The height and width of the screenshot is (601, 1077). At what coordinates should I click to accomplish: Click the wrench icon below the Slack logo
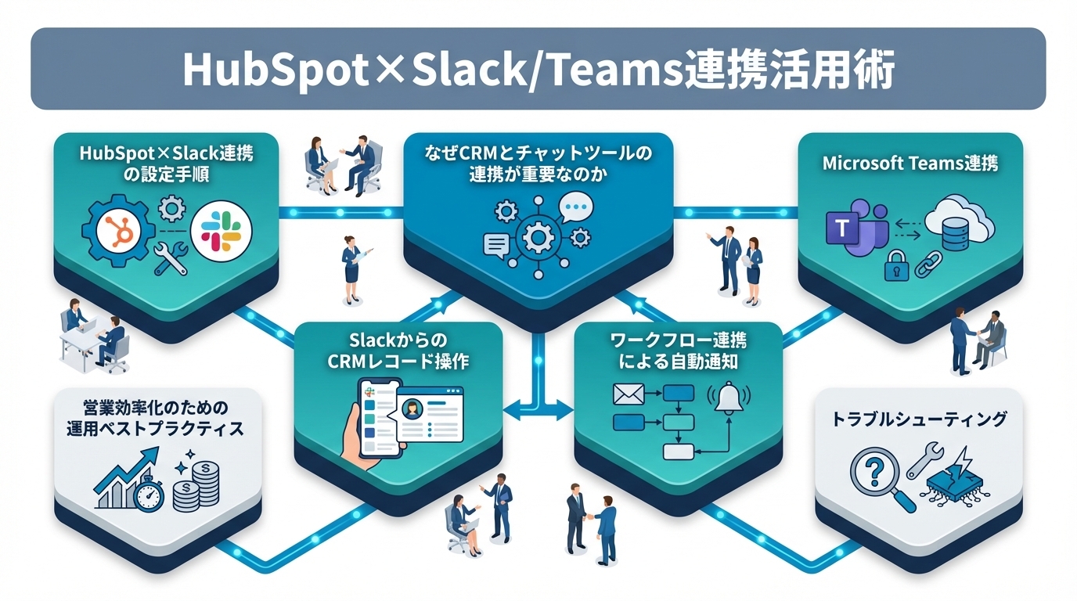(x=171, y=259)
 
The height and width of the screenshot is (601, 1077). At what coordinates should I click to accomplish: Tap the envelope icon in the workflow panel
(x=628, y=394)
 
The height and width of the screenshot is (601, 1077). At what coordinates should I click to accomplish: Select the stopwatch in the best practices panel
(x=148, y=495)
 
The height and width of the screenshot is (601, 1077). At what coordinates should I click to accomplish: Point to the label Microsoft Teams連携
(x=910, y=164)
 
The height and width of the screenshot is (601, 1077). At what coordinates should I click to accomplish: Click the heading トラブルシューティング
(x=918, y=420)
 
